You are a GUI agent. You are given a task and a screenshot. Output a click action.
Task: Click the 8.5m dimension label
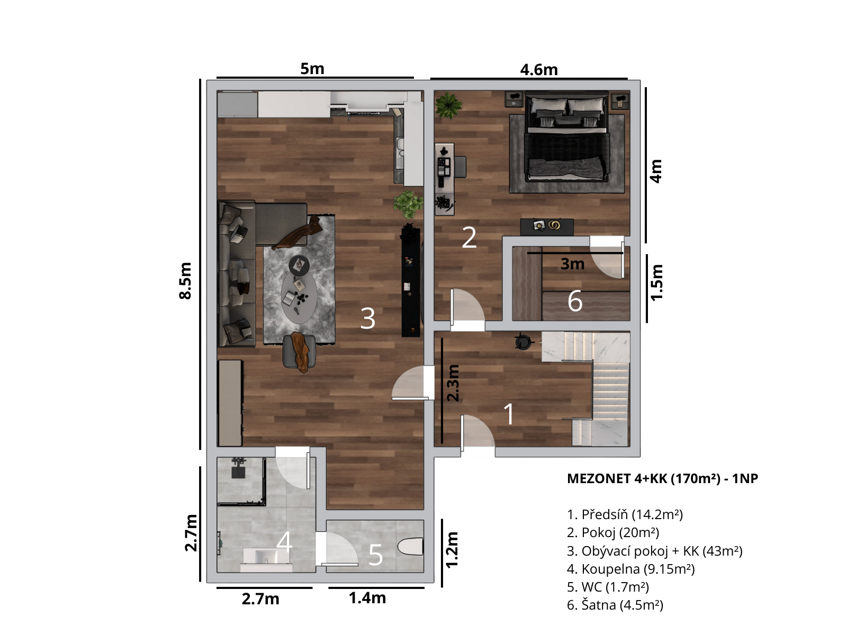pos(186,280)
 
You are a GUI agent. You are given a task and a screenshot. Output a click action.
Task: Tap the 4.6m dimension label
pos(539,70)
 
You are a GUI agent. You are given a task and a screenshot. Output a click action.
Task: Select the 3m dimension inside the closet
pos(572,264)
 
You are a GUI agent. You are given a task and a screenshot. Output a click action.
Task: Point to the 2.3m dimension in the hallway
pos(453,383)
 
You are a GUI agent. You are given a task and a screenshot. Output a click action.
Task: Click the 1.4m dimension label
pos(367,598)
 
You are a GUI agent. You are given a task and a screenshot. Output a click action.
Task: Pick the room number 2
pos(469,238)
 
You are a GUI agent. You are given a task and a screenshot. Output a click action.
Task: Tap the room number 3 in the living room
pos(367,319)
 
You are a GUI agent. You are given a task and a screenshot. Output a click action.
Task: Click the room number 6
pos(575,301)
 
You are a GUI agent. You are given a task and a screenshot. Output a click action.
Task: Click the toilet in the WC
pos(411,546)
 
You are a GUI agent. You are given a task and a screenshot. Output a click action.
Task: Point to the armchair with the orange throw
pos(300,351)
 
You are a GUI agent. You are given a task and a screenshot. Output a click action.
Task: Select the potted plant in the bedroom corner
pos(448,104)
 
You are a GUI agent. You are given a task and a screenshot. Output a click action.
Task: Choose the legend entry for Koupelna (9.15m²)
pos(630,569)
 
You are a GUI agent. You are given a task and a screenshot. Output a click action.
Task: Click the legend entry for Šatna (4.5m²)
pos(615,605)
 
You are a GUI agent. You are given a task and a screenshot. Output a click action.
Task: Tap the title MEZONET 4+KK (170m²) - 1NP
pos(663,478)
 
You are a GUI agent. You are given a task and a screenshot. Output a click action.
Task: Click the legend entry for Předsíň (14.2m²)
pos(625,514)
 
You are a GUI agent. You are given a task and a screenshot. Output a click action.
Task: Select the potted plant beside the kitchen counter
pos(408,204)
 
